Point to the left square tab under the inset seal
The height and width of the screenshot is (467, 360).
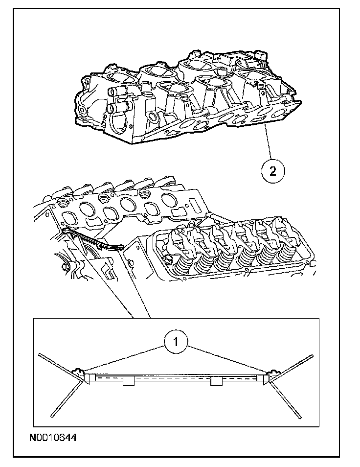(x=128, y=381)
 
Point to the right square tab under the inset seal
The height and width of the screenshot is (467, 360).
(x=216, y=381)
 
